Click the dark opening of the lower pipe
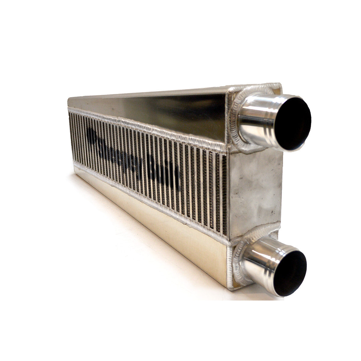click(290, 273)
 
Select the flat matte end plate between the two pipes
click(256, 193)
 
